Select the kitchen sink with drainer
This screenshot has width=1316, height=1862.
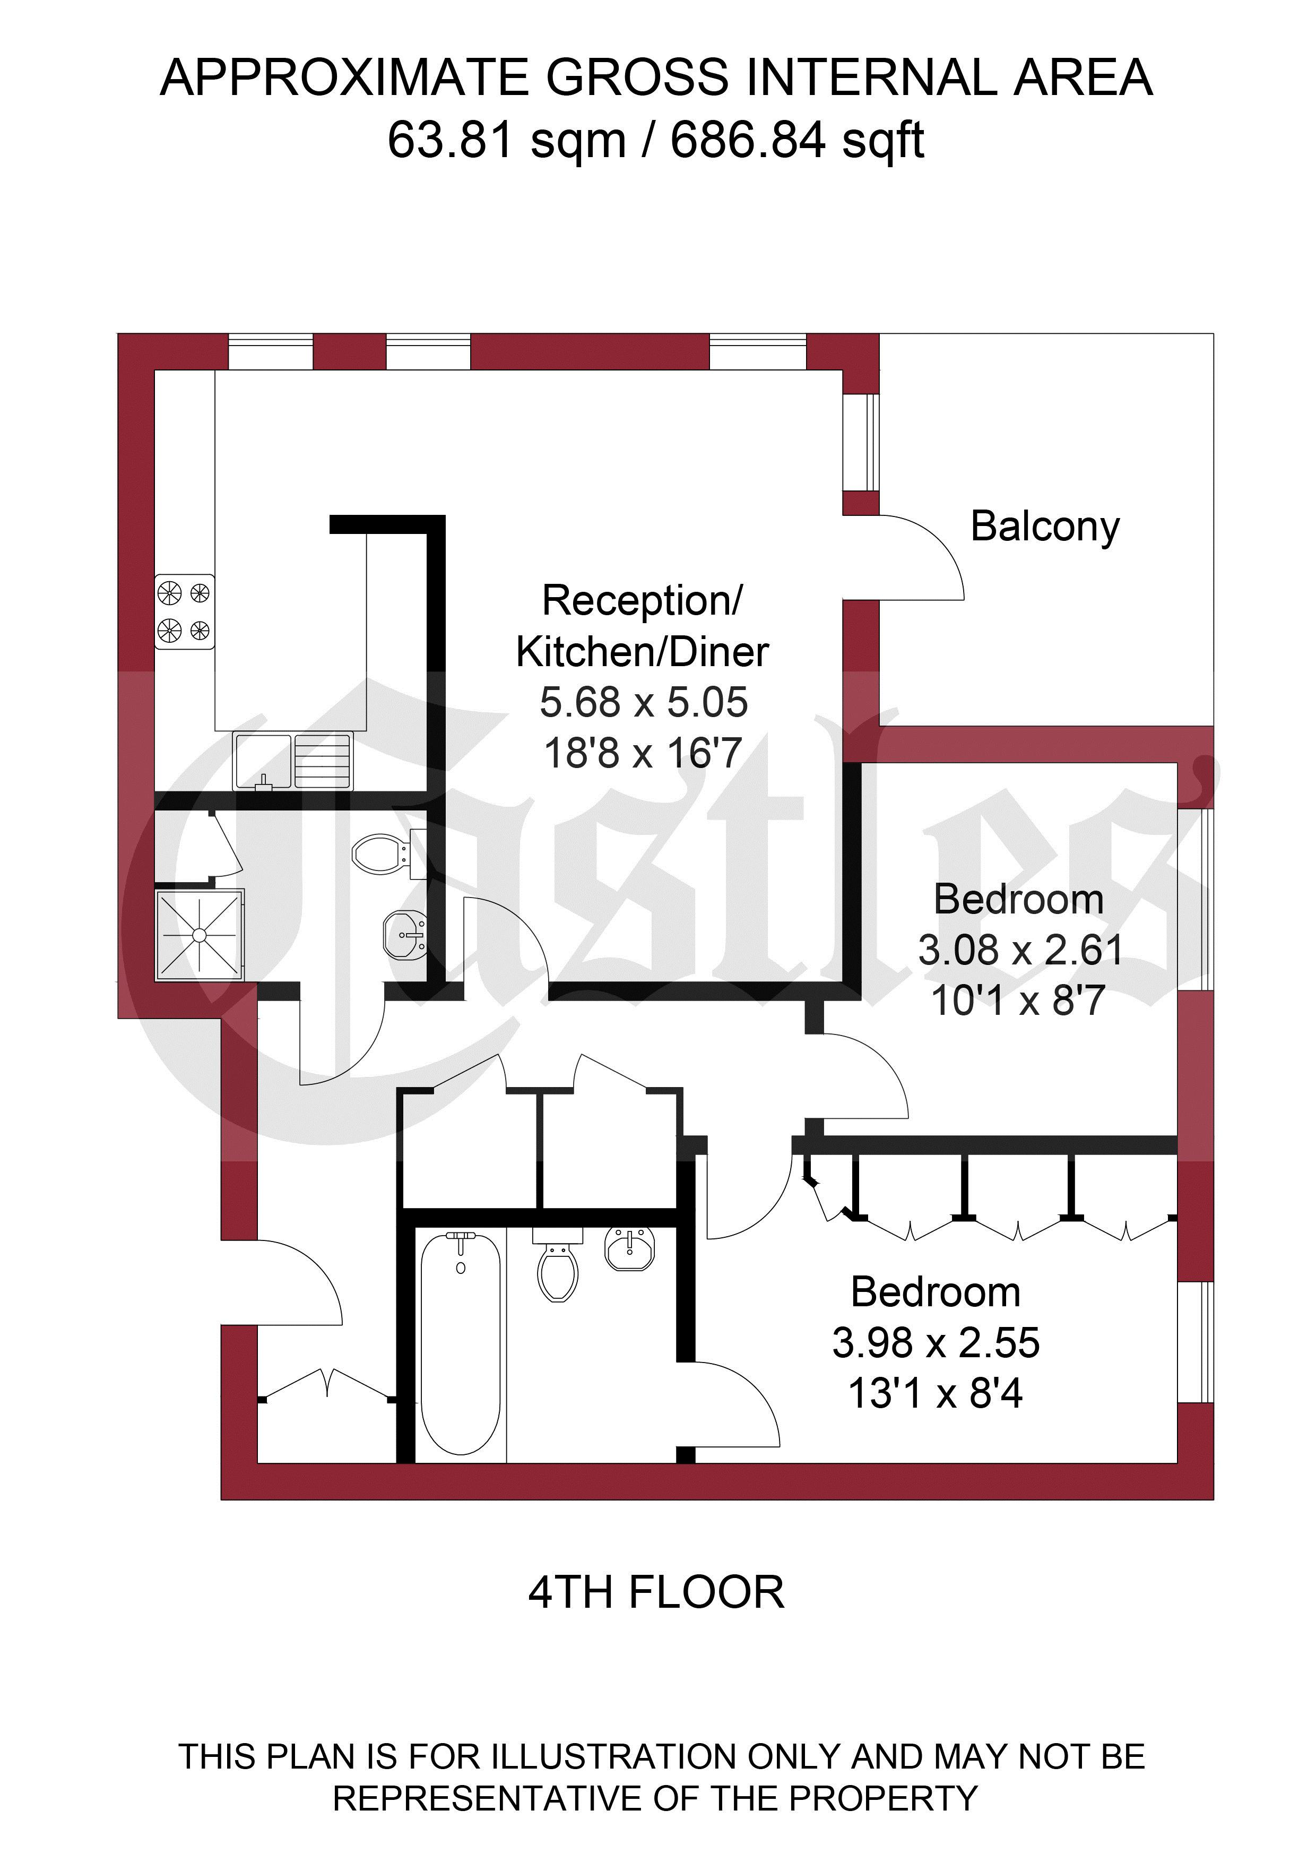pyautogui.click(x=293, y=761)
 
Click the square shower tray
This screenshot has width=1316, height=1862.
pyautogui.click(x=200, y=935)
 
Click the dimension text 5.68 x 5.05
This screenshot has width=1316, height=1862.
pyautogui.click(x=644, y=702)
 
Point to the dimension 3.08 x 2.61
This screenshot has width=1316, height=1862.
pyautogui.click(x=1020, y=950)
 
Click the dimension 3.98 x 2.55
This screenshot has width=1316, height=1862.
pyautogui.click(x=936, y=1343)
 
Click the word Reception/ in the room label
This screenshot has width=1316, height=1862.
pyautogui.click(x=642, y=601)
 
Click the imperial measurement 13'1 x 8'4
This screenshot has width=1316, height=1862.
pyautogui.click(x=936, y=1394)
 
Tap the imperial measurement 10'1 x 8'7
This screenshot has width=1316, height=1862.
pyautogui.click(x=1018, y=1001)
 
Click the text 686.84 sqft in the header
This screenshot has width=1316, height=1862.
pyautogui.click(x=797, y=140)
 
